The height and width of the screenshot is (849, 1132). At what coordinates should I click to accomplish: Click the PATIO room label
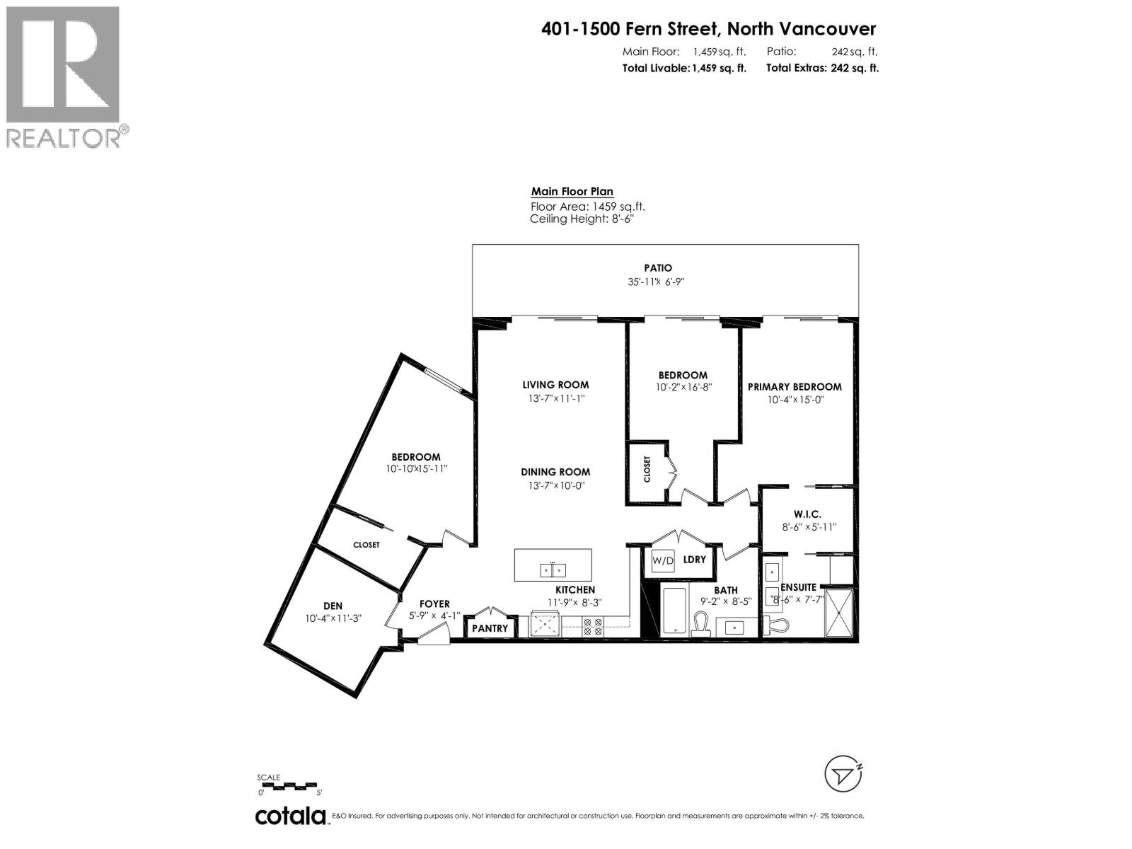pos(657,268)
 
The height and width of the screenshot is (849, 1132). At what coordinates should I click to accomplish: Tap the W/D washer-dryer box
pos(663,560)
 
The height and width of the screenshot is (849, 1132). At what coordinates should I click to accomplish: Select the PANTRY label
pos(490,628)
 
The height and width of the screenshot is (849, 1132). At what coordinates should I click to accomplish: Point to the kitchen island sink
pos(552,569)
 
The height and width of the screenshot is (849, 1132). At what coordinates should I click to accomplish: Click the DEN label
pos(333,606)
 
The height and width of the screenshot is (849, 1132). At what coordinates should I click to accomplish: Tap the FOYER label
pos(434,603)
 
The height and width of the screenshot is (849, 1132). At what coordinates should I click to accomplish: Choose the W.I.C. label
pos(807,514)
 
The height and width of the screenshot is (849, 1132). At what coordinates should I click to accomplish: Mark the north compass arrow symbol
pos(843,775)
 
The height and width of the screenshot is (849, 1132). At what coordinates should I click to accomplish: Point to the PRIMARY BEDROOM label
pos(795,386)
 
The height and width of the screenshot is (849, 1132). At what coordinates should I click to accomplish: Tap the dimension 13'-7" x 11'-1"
pos(555,398)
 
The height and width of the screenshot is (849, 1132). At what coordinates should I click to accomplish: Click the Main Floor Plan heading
pos(572,192)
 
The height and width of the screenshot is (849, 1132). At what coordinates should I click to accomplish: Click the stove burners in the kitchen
pos(592,626)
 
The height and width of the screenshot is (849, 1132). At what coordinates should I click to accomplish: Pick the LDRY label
pos(695,559)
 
